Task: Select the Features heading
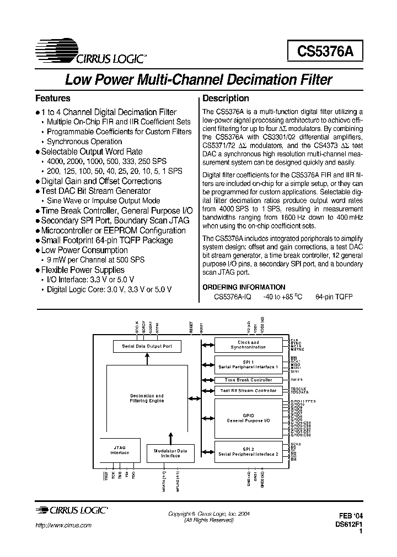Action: pyautogui.click(x=53, y=99)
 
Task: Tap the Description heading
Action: pyautogui.click(x=226, y=99)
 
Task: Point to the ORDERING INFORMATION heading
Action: pyautogui.click(x=244, y=287)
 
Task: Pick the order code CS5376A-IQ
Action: pyautogui.click(x=233, y=297)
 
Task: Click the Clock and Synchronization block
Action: pyautogui.click(x=248, y=345)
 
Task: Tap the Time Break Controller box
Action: pyautogui.click(x=248, y=380)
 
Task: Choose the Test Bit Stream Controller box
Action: pyautogui.click(x=248, y=390)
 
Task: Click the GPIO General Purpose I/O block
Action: pyautogui.click(x=248, y=418)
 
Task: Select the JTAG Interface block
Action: pyautogui.click(x=120, y=450)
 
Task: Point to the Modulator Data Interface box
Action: pyautogui.click(x=170, y=454)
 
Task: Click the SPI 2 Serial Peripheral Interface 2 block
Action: pyautogui.click(x=248, y=452)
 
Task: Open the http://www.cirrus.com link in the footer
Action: pyautogui.click(x=63, y=526)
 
